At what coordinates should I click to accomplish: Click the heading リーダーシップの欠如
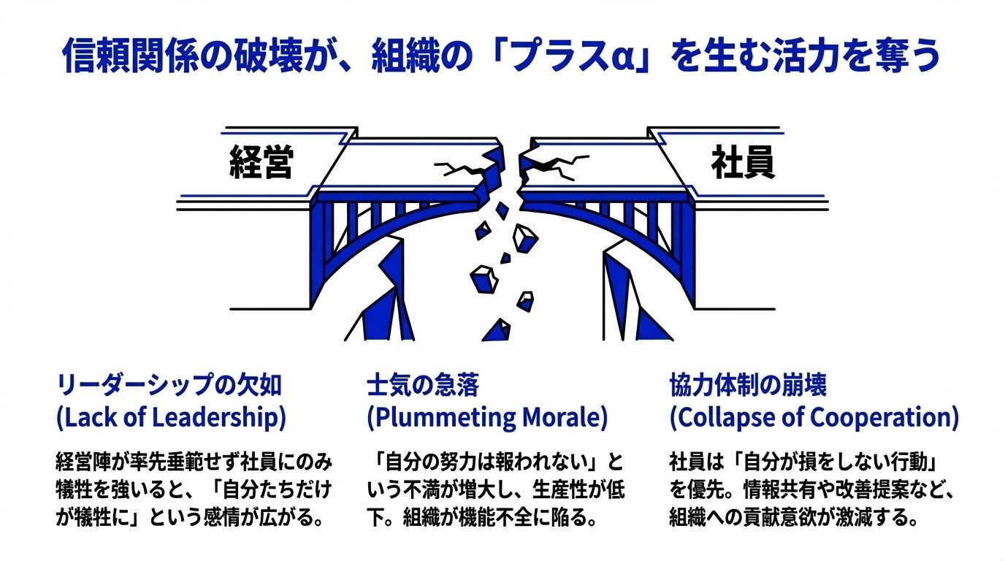point(169,385)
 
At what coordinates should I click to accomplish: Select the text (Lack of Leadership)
point(171,418)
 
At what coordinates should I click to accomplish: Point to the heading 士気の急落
point(422,385)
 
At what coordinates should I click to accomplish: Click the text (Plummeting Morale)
point(486,418)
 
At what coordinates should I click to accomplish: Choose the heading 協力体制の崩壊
point(748,385)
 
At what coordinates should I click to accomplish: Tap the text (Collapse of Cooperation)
point(814,418)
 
